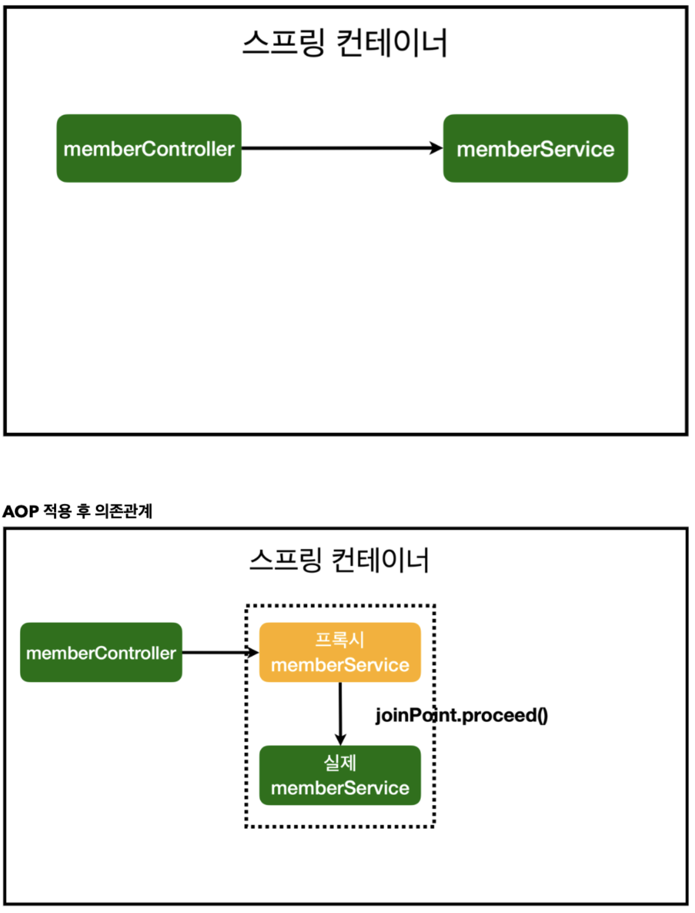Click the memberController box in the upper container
pyautogui.click(x=149, y=149)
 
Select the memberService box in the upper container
pyautogui.click(x=535, y=149)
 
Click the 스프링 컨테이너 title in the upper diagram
pyautogui.click(x=345, y=43)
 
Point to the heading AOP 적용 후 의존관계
pyautogui.click(x=77, y=511)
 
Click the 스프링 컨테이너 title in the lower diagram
pyautogui.click(x=339, y=560)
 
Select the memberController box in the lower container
pyautogui.click(x=101, y=652)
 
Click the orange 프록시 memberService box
pyautogui.click(x=340, y=652)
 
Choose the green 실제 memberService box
pyautogui.click(x=340, y=775)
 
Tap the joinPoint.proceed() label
pyautogui.click(x=461, y=715)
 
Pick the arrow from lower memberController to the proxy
pyautogui.click(x=219, y=652)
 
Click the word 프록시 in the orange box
pyautogui.click(x=340, y=639)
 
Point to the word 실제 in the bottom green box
pyautogui.click(x=340, y=762)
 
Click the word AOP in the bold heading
pyautogui.click(x=20, y=511)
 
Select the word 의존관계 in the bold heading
pyautogui.click(x=123, y=511)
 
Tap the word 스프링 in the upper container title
pyautogui.click(x=283, y=43)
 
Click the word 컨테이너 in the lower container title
pyautogui.click(x=380, y=560)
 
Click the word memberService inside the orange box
pyautogui.click(x=340, y=665)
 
